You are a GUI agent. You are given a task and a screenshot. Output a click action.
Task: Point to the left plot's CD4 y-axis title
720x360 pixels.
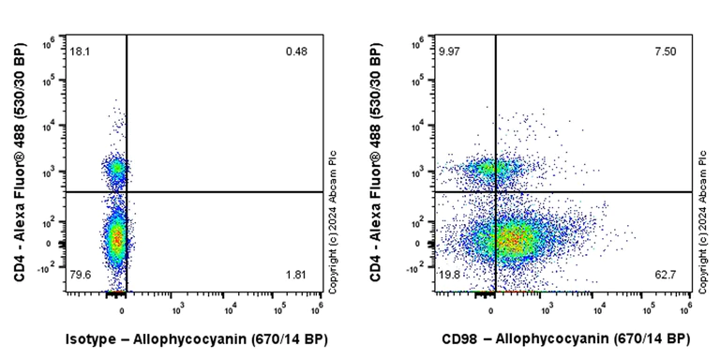click(20, 164)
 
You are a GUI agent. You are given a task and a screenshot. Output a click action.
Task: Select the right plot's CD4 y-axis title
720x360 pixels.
click(376, 164)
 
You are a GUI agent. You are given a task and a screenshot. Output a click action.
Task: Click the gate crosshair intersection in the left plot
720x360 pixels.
click(127, 192)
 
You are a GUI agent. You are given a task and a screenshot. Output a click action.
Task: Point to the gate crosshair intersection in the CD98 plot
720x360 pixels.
click(496, 192)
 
